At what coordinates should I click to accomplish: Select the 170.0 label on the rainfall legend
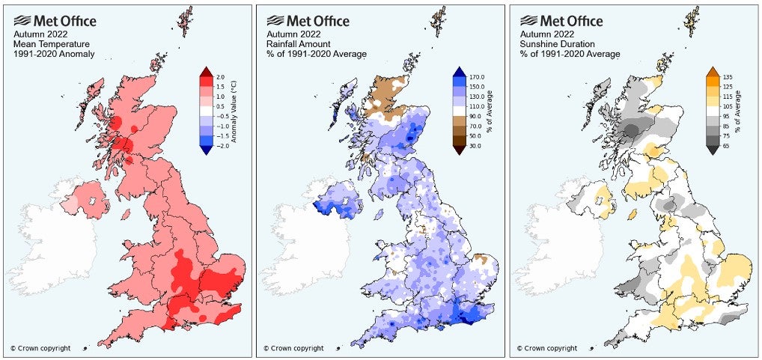tap(476, 77)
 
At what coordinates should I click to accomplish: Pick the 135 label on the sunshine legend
tap(727, 77)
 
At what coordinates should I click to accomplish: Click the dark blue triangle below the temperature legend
tap(206, 152)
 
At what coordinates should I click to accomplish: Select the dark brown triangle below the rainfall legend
tap(459, 152)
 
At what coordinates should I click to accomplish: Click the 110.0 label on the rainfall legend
tap(476, 108)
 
